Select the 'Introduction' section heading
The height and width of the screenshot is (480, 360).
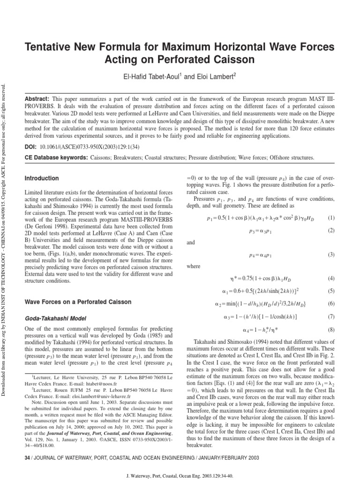(x=41, y=179)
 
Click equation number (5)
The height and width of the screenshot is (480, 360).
(x=331, y=291)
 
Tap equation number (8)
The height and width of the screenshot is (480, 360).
(x=331, y=330)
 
